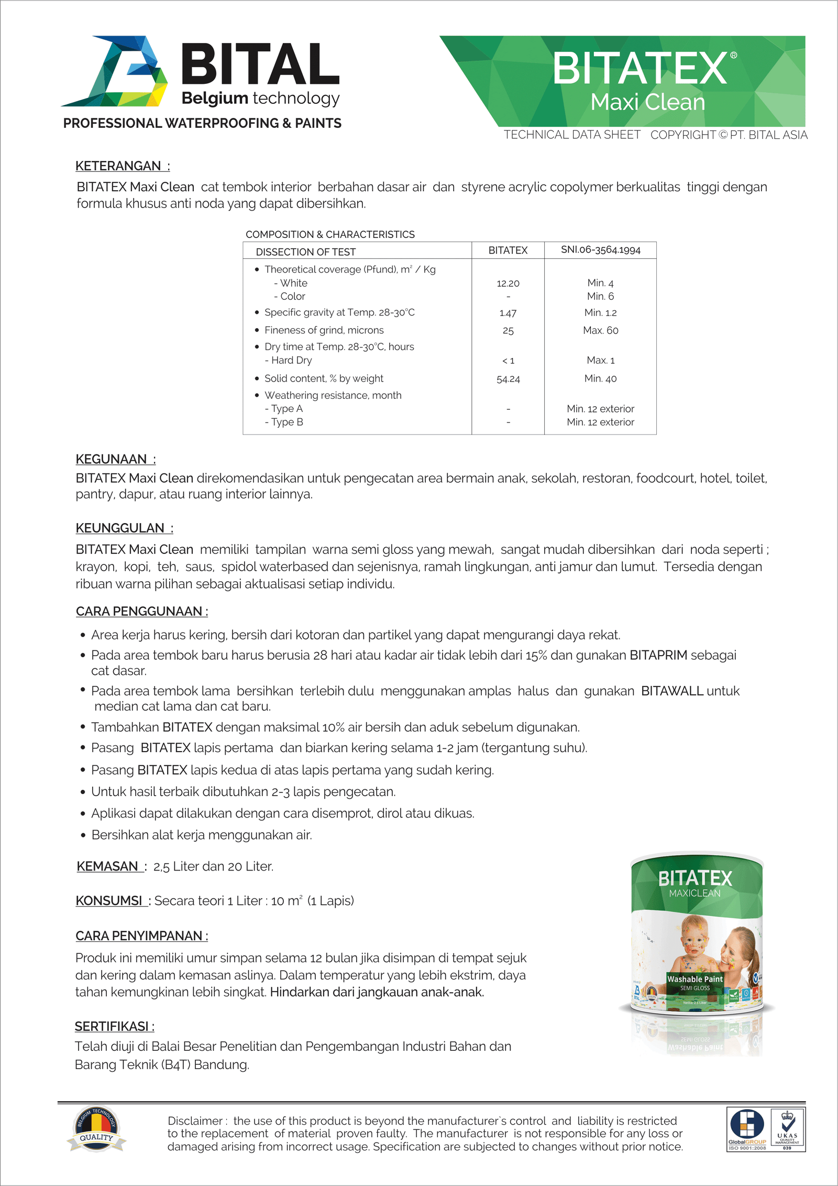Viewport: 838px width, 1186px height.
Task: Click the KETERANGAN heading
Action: (119, 166)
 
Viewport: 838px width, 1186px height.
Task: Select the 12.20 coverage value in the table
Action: (508, 284)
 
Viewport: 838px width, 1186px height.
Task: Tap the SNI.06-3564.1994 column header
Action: (600, 250)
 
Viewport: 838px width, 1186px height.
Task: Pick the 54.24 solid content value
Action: (508, 379)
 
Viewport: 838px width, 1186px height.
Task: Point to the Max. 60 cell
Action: (600, 331)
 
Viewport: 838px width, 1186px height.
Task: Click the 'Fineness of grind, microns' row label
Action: (324, 330)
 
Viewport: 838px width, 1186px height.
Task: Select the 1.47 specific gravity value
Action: (508, 313)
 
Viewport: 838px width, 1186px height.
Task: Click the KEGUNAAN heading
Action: (112, 460)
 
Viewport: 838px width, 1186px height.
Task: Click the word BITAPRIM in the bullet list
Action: (658, 655)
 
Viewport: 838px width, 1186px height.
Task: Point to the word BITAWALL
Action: (672, 691)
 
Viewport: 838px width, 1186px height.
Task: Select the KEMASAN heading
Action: (108, 866)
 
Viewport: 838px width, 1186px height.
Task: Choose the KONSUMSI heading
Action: (109, 901)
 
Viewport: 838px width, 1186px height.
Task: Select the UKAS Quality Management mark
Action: (787, 1130)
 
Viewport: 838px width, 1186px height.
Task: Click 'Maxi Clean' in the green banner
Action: (647, 102)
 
